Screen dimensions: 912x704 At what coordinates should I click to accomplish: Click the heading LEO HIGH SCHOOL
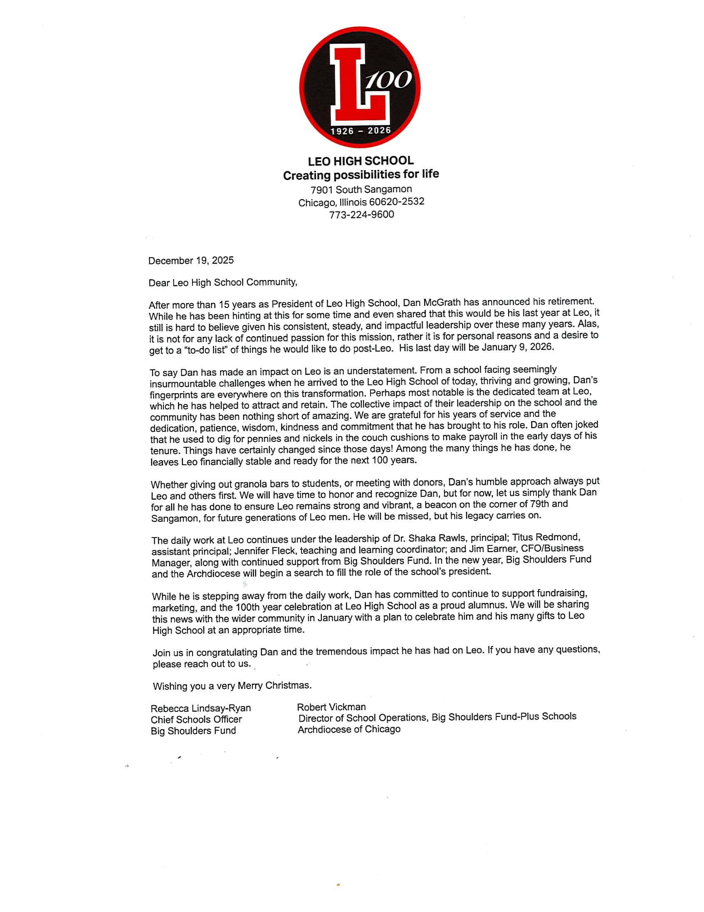pos(361,161)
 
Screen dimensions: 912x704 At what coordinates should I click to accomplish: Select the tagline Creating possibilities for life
pos(361,175)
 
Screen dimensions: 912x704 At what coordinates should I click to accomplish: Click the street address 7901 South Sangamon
pos(361,190)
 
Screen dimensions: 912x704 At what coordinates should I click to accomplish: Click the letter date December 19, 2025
pos(191,260)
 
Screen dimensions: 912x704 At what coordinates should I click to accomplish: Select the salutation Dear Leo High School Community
pos(223,283)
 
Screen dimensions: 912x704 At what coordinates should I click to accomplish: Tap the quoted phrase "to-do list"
pos(205,350)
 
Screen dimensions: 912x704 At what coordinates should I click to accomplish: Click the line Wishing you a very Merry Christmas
pos(232,686)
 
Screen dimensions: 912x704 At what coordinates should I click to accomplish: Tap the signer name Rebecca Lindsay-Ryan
pos(201,708)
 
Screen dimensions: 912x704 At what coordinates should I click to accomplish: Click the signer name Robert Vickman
pos(331,707)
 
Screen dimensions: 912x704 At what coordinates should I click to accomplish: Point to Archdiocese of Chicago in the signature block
pos(349,729)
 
